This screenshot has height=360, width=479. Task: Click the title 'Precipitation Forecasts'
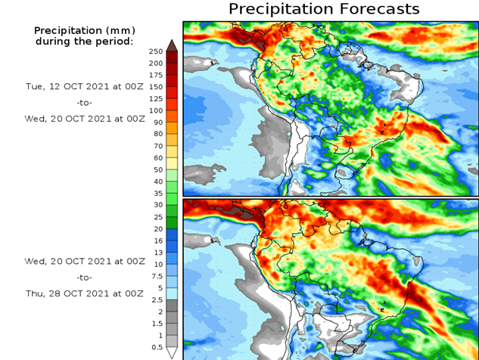click(x=323, y=9)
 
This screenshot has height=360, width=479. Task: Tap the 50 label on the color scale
click(x=157, y=169)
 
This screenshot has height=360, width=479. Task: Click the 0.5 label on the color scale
click(x=156, y=347)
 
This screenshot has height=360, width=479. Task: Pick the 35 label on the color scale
click(x=157, y=194)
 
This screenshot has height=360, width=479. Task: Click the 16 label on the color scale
click(x=157, y=241)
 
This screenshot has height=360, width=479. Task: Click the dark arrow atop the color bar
click(x=172, y=44)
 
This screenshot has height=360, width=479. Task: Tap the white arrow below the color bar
click(x=172, y=352)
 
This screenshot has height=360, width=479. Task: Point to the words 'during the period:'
click(x=83, y=41)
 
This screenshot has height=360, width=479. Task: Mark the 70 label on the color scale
click(x=157, y=146)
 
